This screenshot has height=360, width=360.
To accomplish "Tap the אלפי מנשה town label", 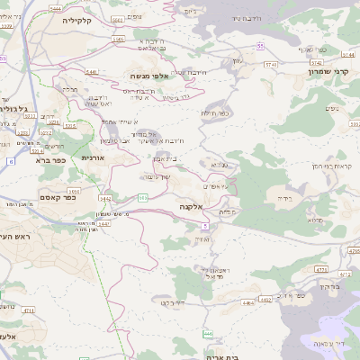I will coord(148,76).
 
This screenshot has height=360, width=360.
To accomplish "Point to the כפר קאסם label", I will coord(56,197).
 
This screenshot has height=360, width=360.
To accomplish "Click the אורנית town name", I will coord(92,157).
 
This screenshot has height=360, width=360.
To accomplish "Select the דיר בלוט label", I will coord(174,302).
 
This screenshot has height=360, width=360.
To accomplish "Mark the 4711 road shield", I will coord(28,310).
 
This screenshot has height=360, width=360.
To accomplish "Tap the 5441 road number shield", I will coord(91,70).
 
